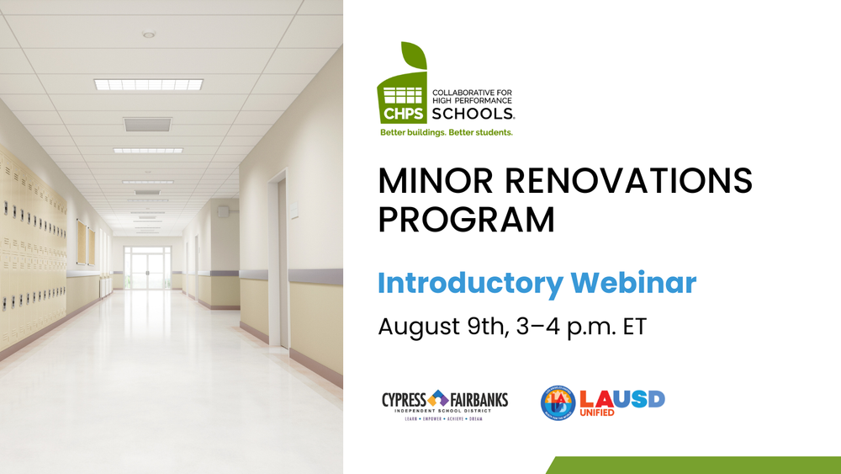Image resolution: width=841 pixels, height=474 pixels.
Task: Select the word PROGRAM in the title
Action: coord(466,220)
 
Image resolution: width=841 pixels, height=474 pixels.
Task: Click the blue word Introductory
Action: coord(469,284)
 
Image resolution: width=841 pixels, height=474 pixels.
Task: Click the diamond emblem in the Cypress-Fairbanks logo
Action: coord(438,398)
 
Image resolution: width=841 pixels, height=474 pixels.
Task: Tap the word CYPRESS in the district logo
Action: coord(405,399)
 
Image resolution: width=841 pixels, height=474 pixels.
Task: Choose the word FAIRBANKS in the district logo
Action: coord(479,399)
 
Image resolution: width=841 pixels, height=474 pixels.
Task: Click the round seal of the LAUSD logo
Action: coord(558,402)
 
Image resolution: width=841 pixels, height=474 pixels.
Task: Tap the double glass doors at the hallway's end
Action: coord(147,269)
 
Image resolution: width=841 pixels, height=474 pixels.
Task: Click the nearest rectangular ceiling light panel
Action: coord(149,84)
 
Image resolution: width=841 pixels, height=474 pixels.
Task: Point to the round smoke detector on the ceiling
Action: coord(149,35)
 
